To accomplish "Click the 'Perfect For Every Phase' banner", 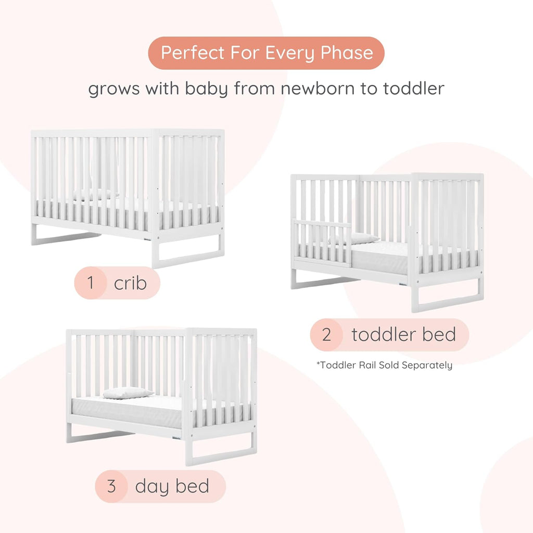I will pyautogui.click(x=266, y=53).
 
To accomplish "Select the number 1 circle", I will pyautogui.click(x=91, y=283).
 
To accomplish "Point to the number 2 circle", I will pyautogui.click(x=326, y=335).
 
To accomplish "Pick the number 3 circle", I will pyautogui.click(x=111, y=486).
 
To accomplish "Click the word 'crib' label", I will pyautogui.click(x=130, y=283).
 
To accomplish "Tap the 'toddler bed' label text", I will pyautogui.click(x=403, y=335).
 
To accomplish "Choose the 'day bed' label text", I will pyautogui.click(x=172, y=486).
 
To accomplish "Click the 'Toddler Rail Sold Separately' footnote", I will pyautogui.click(x=384, y=365).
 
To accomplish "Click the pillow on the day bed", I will pyautogui.click(x=127, y=393).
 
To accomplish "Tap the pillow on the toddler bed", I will pyautogui.click(x=359, y=238).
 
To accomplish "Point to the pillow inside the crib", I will pyautogui.click(x=94, y=195).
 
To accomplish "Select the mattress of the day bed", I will pyautogui.click(x=130, y=411).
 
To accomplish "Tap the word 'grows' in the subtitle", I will pyautogui.click(x=113, y=88).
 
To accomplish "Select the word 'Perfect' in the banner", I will pyautogui.click(x=193, y=53).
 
